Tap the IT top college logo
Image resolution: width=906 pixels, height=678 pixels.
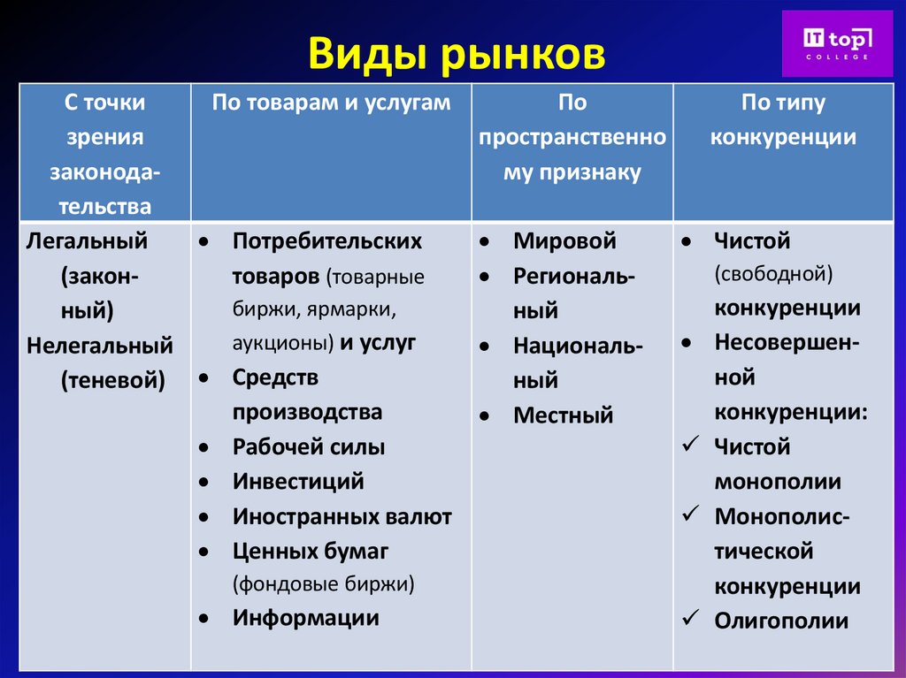(837, 43)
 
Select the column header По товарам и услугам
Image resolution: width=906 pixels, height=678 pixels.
(331, 103)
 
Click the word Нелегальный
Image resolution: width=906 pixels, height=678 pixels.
(100, 345)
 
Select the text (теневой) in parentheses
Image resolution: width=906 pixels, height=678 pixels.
(112, 380)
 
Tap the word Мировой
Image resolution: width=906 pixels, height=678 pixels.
(564, 241)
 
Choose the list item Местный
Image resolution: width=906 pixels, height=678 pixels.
(563, 415)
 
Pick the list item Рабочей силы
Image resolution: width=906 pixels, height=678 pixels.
(309, 447)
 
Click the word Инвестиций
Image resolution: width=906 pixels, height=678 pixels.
(298, 482)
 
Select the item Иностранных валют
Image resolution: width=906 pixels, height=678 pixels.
(342, 517)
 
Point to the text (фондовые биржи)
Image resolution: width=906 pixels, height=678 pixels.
(323, 583)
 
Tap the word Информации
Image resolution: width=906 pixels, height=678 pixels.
(305, 618)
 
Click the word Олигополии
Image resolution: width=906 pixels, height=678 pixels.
(781, 621)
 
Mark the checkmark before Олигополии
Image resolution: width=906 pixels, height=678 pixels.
(691, 618)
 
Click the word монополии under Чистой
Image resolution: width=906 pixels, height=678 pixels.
(778, 483)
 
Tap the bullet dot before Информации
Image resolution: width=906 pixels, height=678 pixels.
(204, 619)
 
